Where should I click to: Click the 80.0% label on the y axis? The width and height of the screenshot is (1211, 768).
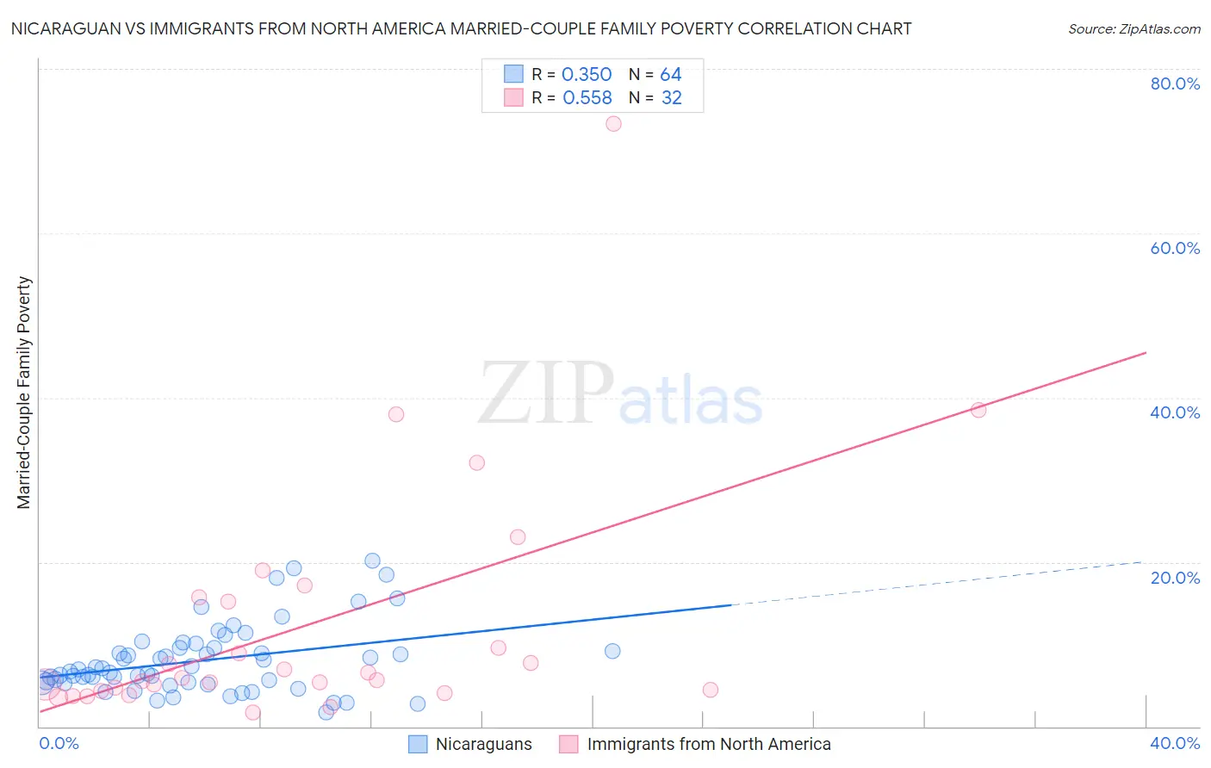[x=1175, y=84]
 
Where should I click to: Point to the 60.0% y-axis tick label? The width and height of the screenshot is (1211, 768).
[x=1175, y=248]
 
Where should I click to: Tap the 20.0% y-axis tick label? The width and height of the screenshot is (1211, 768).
[x=1175, y=578]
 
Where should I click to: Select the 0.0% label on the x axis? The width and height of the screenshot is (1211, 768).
[x=59, y=743]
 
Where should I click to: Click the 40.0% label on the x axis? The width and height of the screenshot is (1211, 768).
[x=1175, y=743]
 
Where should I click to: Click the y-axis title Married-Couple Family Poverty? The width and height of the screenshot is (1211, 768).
[x=24, y=393]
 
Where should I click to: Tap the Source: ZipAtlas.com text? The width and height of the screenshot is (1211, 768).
[x=1133, y=28]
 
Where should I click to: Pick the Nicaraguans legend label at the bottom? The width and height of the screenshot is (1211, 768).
[x=483, y=744]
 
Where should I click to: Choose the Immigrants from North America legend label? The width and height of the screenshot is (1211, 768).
[x=708, y=744]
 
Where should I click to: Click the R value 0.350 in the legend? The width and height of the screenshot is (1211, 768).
[x=587, y=75]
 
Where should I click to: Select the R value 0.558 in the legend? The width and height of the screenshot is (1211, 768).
[x=587, y=98]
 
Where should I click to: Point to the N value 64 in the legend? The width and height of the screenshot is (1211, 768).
[x=671, y=75]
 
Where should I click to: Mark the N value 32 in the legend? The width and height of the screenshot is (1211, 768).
[x=671, y=98]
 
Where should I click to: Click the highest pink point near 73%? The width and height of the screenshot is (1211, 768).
[x=613, y=124]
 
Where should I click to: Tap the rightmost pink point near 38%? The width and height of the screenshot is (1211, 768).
[x=978, y=410]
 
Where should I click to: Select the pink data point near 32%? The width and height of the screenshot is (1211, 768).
[x=476, y=462]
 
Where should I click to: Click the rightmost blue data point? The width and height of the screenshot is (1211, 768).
[x=612, y=651]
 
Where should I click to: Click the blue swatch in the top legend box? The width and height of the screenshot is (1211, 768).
[x=513, y=75]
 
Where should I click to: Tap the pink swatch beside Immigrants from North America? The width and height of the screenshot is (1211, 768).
[x=568, y=744]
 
